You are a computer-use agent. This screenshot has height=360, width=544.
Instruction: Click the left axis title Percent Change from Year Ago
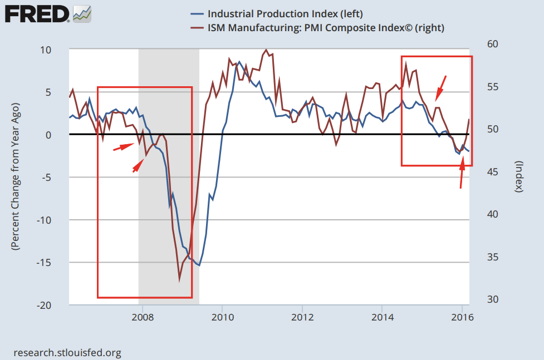[x=16, y=176]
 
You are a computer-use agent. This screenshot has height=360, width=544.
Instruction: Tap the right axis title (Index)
[x=518, y=176]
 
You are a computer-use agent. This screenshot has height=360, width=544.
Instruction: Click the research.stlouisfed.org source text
[x=66, y=353]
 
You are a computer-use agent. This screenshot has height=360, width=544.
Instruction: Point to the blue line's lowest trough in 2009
[x=199, y=266]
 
